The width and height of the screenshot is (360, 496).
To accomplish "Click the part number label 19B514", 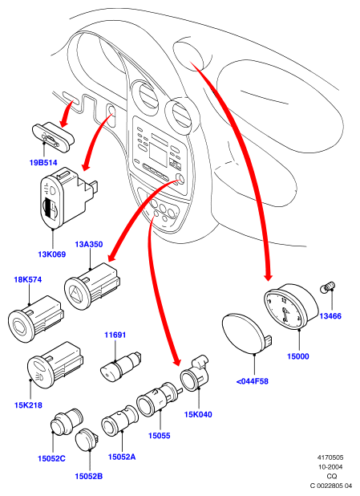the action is pos(43,163).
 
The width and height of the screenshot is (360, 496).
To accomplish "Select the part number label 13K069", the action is pos(52,254).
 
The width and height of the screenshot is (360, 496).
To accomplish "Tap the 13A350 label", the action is pos(89,245).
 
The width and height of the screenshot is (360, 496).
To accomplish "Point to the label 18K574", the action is pos(28,280).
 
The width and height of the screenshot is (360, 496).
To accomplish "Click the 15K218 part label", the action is pos(28,405).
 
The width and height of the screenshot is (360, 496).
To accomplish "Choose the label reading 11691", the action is pos(115,335).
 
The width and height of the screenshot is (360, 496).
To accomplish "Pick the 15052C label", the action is pos(51,458).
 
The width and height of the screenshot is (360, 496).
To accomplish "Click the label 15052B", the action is pos(88,476).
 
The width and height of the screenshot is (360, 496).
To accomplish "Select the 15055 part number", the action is pos(160,436).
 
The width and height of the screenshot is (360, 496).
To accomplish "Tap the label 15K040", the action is pos(198,414).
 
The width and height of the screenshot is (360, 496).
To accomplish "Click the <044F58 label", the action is pos(253,381).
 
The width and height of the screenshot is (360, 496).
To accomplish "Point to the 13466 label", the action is pos(330,316).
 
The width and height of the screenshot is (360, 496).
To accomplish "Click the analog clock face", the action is pos(283,310).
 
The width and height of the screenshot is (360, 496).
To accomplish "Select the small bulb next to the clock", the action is pos(329,287).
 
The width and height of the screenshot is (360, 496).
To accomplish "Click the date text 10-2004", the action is pos(330,467).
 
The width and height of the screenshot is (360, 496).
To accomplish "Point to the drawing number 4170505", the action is pos(330,457).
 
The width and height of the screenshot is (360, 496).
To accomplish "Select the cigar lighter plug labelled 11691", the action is pos(120,367).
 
